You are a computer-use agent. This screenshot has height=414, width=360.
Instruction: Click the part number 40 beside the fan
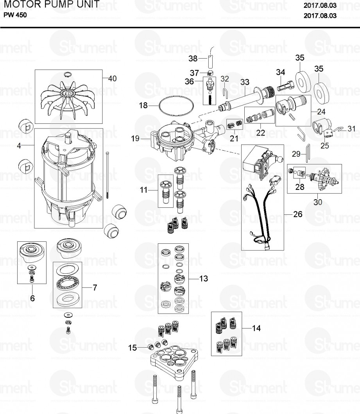click(x=112, y=79)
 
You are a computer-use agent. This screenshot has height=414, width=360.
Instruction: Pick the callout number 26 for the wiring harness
click(x=298, y=214)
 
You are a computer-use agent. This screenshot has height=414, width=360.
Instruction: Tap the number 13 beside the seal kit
click(x=203, y=279)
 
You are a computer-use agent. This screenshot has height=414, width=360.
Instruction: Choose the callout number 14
click(x=256, y=328)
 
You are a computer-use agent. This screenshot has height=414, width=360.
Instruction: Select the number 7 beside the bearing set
click(x=95, y=288)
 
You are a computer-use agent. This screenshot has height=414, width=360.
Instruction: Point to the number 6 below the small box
click(x=32, y=298)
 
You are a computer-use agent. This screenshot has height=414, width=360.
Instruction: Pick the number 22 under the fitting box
click(x=261, y=133)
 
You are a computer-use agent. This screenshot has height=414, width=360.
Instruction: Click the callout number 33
click(x=245, y=82)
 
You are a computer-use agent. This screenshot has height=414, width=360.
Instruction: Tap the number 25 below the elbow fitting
click(x=324, y=146)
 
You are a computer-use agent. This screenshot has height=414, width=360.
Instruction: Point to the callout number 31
click(x=352, y=128)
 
